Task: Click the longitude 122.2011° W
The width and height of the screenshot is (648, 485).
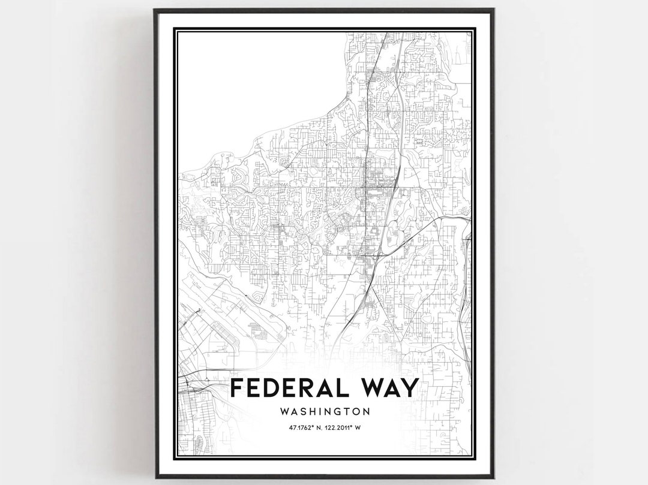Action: click(344, 427)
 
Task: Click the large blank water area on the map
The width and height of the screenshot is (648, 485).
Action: click(258, 84)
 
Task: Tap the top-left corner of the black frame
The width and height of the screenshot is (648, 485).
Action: click(155, 10)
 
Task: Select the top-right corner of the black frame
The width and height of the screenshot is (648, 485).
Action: click(493, 10)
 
